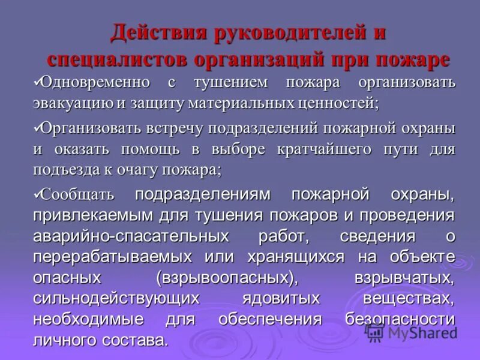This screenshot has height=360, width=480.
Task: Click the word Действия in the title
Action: [x=155, y=32]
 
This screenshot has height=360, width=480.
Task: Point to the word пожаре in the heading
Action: [x=413, y=60]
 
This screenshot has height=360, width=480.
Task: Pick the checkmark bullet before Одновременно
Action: [x=37, y=80]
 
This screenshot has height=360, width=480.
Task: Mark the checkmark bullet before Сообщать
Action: [x=37, y=191]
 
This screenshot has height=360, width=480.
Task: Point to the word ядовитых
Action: [x=281, y=299]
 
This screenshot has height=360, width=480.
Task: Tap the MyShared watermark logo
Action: [x=412, y=331]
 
